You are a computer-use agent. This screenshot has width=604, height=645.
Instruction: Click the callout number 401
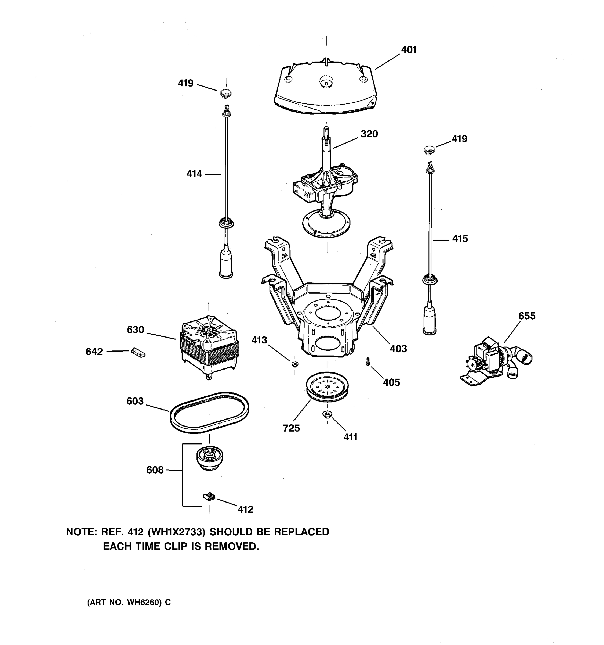pos(409,50)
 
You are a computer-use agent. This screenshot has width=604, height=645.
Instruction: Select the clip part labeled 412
pos(209,496)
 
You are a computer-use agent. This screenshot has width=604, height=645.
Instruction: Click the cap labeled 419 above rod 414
pos(226,94)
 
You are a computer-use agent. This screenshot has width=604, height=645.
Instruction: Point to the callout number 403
pos(398,349)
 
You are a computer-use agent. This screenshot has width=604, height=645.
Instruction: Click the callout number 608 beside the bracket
pos(155,470)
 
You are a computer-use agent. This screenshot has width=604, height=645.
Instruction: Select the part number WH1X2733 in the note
pos(177,532)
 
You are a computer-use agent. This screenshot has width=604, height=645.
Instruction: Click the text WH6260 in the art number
pos(144,602)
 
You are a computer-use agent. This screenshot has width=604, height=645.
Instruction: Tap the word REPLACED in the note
pos(301,532)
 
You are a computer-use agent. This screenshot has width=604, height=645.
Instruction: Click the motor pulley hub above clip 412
pos(209,457)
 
